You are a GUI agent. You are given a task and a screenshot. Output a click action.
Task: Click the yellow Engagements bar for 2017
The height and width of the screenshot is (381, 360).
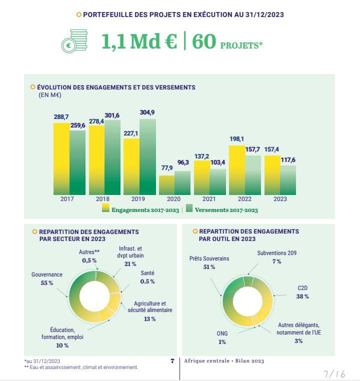tap(61, 158)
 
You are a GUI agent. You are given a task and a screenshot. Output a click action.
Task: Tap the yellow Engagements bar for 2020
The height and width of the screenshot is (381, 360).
tap(167, 184)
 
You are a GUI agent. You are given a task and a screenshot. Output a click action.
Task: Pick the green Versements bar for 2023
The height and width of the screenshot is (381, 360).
tap(287, 179)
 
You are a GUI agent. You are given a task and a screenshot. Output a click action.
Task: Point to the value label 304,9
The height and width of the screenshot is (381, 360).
tap(147, 112)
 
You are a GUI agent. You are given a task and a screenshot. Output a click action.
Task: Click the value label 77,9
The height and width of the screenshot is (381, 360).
tap(166, 169)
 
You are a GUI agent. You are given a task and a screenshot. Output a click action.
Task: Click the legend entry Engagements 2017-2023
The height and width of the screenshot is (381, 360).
tap(140, 210)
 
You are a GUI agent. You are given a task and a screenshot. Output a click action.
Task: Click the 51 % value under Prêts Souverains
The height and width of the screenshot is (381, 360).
tap(209, 267)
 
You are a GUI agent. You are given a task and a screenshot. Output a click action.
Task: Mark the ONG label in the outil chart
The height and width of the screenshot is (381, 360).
tap(222, 333)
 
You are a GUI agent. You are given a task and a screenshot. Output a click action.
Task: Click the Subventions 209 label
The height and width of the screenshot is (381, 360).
tap(276, 253)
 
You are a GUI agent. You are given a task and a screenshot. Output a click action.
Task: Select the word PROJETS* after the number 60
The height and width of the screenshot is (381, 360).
tap(241, 45)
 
